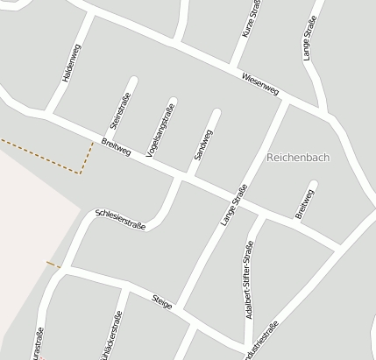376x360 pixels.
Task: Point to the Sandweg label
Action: pos(202,144)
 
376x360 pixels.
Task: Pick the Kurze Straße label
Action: pos(252,18)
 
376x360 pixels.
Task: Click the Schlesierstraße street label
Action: pos(120,219)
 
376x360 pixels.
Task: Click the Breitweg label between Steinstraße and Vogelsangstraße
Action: pos(116,147)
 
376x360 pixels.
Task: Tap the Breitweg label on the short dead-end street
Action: pos(303,204)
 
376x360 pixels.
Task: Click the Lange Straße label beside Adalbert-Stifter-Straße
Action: pos(233,206)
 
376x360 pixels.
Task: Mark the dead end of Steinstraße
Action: pos(133,81)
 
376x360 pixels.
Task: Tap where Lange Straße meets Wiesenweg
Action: pos(287,102)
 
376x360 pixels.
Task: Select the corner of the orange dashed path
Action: pos(81,173)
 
